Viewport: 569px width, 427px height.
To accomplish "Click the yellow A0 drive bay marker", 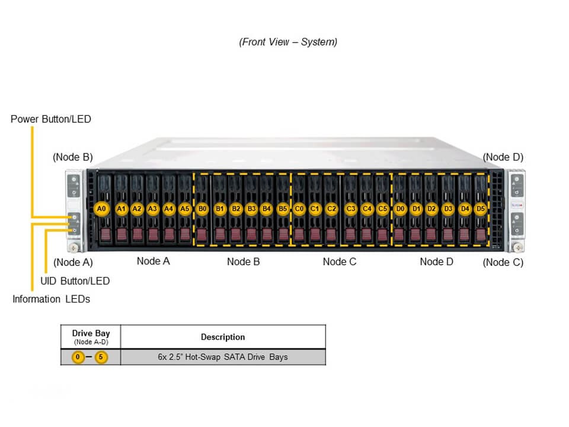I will [102, 209].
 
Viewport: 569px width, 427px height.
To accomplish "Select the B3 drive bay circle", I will [251, 209].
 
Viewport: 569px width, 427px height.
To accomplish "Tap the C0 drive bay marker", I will [299, 209].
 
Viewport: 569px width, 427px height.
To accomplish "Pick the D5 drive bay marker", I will [480, 209].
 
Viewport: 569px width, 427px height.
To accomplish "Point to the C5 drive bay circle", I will [382, 209].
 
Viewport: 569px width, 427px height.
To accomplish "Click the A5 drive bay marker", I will [185, 209].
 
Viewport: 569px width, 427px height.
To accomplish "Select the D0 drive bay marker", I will [400, 209].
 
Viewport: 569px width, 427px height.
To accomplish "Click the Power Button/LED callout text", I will [51, 119].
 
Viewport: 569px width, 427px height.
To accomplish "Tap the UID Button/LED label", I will [75, 281].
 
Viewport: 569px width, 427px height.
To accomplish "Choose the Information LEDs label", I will [52, 299].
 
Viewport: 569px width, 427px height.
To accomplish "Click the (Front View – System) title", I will [288, 42].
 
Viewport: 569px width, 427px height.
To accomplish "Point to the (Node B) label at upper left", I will [73, 157].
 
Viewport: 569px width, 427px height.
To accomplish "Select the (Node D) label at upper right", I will [503, 157].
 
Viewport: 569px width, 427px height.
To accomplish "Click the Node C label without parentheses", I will [340, 262].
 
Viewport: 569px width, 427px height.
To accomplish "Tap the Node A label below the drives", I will [153, 261].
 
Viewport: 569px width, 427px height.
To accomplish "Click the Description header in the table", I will [223, 337].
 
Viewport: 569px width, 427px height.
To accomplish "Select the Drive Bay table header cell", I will [90, 336].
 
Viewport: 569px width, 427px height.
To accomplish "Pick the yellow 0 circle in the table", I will [78, 357].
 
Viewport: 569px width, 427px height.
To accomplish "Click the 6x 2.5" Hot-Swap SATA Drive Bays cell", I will [223, 357].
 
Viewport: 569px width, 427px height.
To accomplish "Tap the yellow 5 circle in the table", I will [101, 357].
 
